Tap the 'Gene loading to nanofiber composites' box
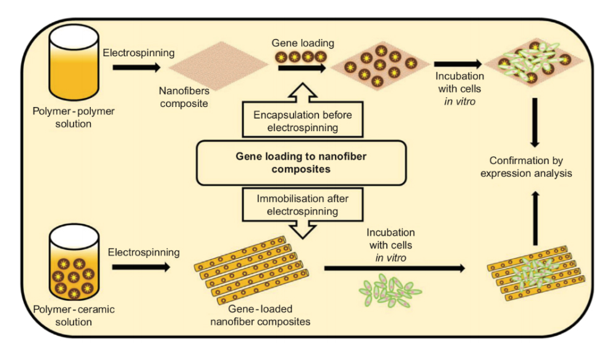tap(300, 163)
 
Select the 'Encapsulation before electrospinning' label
tap(300, 121)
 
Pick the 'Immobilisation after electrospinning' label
tap(300, 205)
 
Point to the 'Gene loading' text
tap(302, 43)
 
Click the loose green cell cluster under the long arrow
tap(391, 289)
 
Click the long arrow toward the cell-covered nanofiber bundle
tap(393, 268)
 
